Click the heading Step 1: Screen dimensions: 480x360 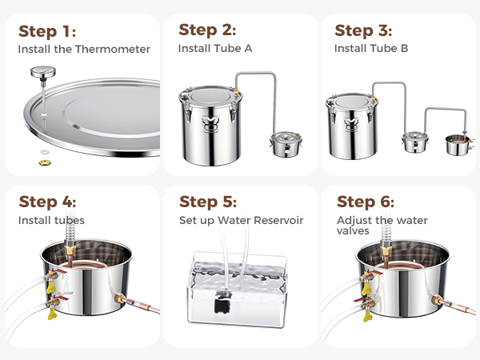click(x=47, y=31)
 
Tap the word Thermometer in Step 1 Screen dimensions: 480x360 click(x=113, y=49)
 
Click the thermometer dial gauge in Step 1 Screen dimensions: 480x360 click(x=43, y=72)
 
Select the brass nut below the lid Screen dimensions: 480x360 click(x=45, y=162)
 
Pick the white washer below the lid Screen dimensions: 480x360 click(x=45, y=152)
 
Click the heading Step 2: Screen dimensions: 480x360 click(x=207, y=30)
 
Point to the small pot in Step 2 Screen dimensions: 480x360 click(x=286, y=144)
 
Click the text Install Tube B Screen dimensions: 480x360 click(x=371, y=48)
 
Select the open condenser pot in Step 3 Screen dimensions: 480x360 click(x=457, y=145)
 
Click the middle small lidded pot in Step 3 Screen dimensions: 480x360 click(x=414, y=142)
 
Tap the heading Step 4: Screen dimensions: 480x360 click(x=47, y=202)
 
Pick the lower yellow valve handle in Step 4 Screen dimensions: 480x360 click(x=52, y=314)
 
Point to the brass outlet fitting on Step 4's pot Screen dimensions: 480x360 click(x=120, y=298)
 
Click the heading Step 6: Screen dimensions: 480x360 click(x=366, y=202)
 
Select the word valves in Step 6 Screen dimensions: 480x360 click(x=353, y=231)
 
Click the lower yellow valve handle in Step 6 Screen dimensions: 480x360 click(x=367, y=315)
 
